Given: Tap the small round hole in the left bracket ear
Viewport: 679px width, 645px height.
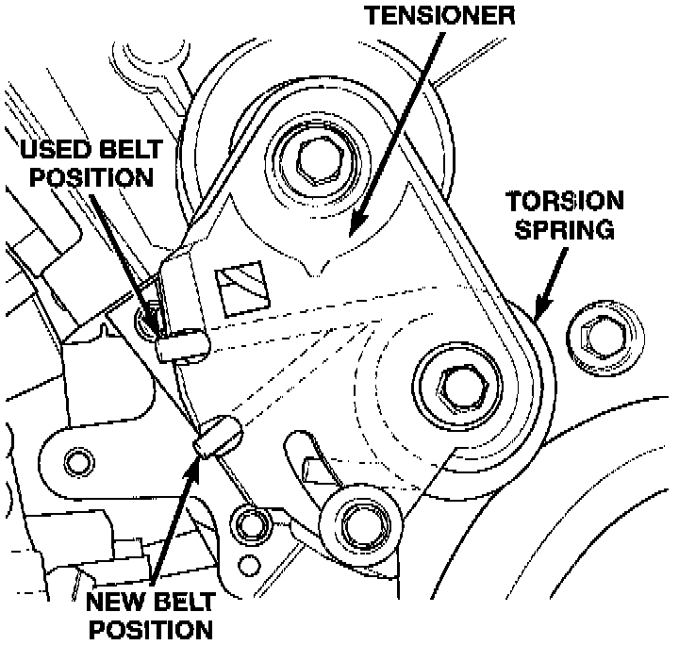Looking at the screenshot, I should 77,461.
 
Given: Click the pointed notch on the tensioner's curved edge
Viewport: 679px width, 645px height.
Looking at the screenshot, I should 323,271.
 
